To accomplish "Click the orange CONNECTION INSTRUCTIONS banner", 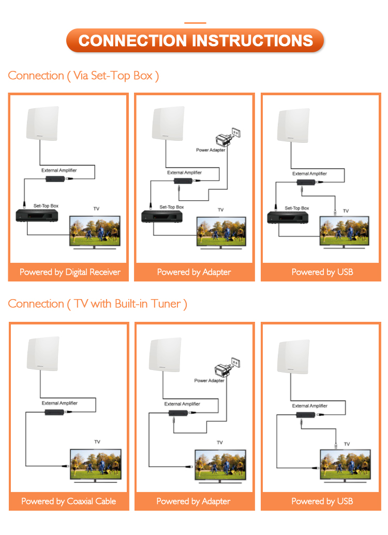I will (195, 40).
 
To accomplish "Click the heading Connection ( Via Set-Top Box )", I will (83, 76).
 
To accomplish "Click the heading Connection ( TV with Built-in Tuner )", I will (97, 303).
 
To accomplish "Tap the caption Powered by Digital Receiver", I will (70, 272).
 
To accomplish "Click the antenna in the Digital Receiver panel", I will (42, 123).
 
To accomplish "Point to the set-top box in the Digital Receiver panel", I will (36, 216).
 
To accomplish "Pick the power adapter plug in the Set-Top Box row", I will (227, 138).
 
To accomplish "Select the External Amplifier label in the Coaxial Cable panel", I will (59, 403).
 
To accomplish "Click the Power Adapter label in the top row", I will (211, 150).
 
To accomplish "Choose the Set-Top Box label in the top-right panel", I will (297, 208).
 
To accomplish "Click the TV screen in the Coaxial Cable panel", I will (96, 462).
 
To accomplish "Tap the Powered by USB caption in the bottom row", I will (322, 501).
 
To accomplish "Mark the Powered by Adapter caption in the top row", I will (194, 272).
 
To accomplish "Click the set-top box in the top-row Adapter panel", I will (162, 216).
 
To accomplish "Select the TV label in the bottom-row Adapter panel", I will (220, 443).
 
